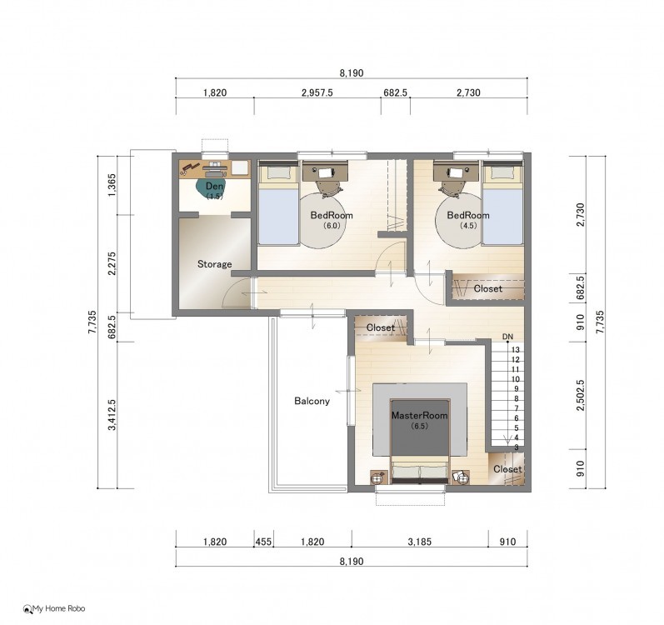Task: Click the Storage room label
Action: [x=215, y=264]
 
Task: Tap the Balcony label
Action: [x=312, y=401]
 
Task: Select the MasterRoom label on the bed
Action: [x=419, y=415]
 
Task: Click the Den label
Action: [x=214, y=186]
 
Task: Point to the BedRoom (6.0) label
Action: [x=332, y=219]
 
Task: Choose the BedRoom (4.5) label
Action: [x=468, y=219]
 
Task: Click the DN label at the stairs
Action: [x=507, y=337]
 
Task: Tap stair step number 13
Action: [x=516, y=350]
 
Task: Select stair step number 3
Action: [x=517, y=447]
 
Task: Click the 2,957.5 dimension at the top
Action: [x=317, y=92]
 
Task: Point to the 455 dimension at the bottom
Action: [x=263, y=542]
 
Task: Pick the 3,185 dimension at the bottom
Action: [x=420, y=542]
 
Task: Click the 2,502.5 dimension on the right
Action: [x=581, y=395]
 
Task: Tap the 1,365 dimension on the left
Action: [x=112, y=185]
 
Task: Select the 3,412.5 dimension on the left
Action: [x=112, y=415]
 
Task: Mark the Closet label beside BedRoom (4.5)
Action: [x=488, y=289]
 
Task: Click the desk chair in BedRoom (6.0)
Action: [x=327, y=187]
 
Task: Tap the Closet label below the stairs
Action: [x=507, y=469]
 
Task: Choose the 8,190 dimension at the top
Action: [x=352, y=73]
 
